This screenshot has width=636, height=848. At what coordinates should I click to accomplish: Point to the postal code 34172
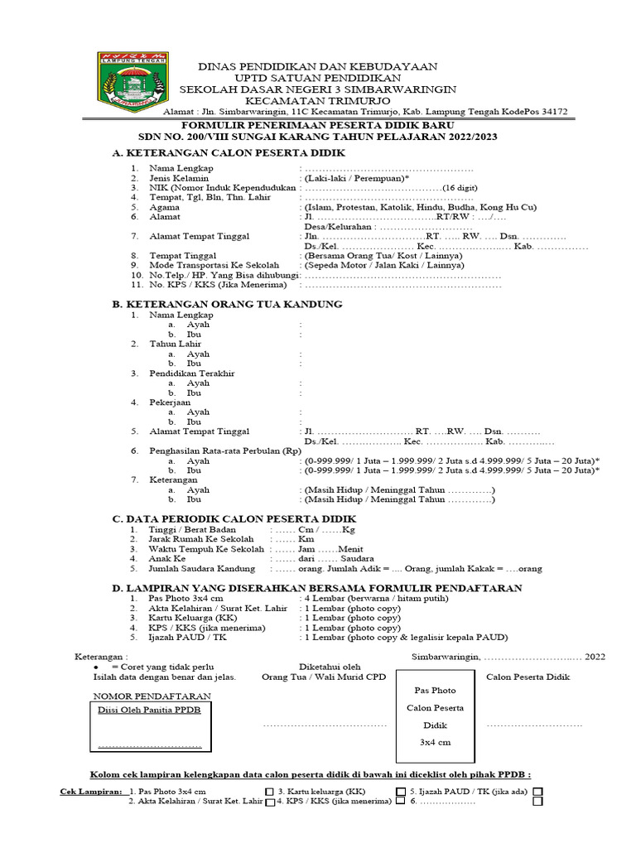(549, 112)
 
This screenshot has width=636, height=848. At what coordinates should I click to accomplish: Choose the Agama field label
(163, 208)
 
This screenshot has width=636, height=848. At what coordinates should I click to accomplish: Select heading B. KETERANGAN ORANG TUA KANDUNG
(227, 304)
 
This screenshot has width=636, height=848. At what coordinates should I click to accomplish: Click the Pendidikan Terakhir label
(192, 373)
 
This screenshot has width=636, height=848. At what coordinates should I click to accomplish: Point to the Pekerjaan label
(170, 402)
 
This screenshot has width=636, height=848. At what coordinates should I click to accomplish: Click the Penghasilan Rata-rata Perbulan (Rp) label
(225, 450)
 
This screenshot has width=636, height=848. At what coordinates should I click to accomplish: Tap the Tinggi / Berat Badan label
(192, 528)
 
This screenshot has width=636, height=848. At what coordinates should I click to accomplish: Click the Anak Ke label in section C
(168, 559)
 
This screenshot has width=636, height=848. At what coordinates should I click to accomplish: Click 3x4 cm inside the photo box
(433, 743)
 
